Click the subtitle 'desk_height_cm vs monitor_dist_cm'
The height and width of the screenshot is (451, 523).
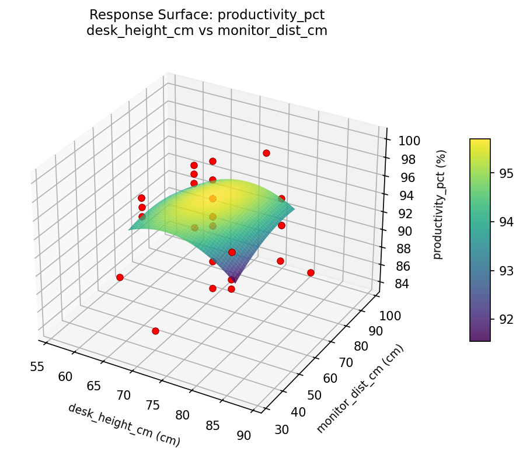tap(207, 30)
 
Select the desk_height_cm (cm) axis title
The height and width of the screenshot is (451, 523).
tap(124, 425)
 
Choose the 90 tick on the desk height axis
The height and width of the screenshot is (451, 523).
tap(244, 435)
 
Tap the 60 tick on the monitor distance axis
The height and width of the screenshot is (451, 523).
tap(330, 378)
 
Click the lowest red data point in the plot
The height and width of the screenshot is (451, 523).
tap(155, 331)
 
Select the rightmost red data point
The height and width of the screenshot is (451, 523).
tap(311, 272)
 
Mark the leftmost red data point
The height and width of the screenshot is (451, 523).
tap(120, 277)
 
